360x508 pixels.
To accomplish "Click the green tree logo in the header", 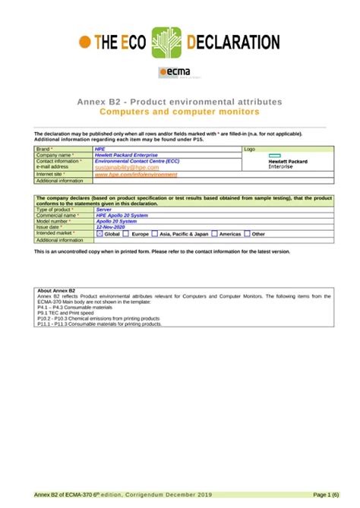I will [x=168, y=43].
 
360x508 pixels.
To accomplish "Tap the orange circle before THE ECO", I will [x=87, y=43].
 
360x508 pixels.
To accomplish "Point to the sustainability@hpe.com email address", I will [x=127, y=167].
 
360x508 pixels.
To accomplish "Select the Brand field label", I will [x=46, y=149].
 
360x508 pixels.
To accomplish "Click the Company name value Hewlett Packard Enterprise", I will [x=126, y=155].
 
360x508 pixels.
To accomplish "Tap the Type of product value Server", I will [x=104, y=209].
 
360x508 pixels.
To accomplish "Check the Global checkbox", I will [x=99, y=234].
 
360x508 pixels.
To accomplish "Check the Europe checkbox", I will [x=127, y=234].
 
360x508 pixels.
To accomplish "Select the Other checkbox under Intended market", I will [x=247, y=234].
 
